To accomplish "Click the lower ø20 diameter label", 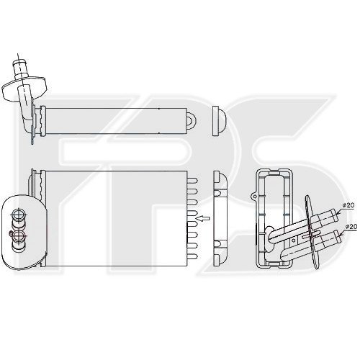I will coord(351,227).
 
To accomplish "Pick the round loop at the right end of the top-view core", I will coord(192,119).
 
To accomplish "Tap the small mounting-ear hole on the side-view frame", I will coord(254,193).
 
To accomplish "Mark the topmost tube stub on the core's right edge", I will coord(193,178).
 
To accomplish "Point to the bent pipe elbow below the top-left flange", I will coord(30,115).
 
